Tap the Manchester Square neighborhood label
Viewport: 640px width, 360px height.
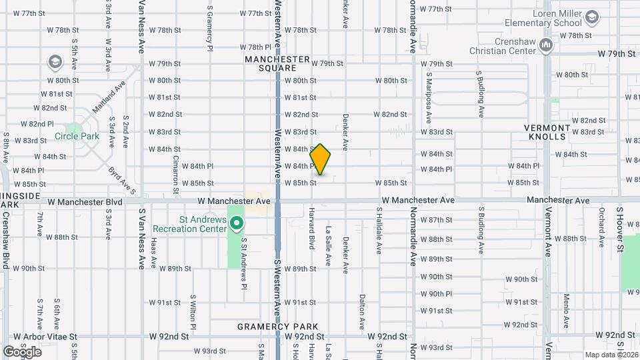click(x=277, y=63)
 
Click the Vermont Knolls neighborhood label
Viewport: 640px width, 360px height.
click(x=547, y=132)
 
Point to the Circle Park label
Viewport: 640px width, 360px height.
click(x=77, y=136)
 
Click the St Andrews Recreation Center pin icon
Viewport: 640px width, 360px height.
click(x=237, y=223)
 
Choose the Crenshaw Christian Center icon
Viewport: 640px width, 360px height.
click(x=547, y=45)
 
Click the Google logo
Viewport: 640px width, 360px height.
click(x=22, y=351)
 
